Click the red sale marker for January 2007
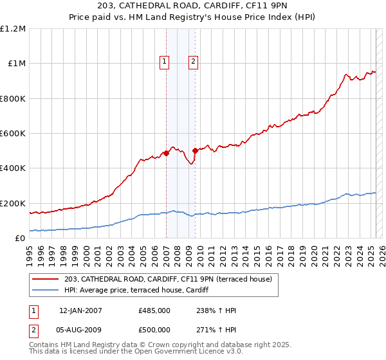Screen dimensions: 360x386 (166, 153)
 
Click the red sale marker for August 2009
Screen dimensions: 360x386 (195, 150)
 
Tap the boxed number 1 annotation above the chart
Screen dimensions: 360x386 (165, 62)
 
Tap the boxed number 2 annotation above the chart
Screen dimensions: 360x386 (193, 62)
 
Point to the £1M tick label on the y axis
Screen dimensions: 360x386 (17, 64)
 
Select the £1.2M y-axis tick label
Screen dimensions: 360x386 (14, 29)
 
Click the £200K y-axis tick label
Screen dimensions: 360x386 (14, 203)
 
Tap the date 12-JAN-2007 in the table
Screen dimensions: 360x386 (80, 310)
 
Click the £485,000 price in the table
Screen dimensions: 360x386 (154, 310)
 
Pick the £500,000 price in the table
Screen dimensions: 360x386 (154, 330)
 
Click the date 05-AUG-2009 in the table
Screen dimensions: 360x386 (80, 330)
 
